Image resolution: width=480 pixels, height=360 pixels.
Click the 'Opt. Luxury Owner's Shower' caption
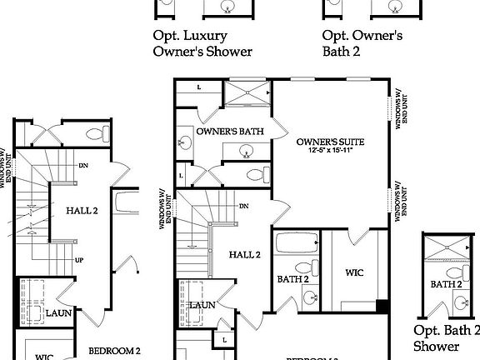coord(202,43)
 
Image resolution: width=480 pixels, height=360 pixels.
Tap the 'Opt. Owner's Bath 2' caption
coord(362,43)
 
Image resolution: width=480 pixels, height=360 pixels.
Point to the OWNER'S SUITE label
coord(330,142)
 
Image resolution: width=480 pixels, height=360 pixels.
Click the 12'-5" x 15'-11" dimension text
coord(330,151)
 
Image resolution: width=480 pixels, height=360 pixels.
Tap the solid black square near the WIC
coord(382,305)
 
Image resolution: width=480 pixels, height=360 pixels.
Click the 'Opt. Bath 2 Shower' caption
coord(447,337)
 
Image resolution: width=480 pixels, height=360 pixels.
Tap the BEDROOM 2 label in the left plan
coord(114,350)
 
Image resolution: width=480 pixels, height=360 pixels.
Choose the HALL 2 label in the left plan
coord(82,211)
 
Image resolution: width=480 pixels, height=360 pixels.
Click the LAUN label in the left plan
coord(58,312)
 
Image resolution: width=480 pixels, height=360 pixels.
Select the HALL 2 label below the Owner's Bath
coord(244,254)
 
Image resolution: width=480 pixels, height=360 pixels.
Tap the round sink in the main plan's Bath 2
coord(309,297)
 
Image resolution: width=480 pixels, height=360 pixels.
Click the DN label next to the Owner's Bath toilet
coord(244,206)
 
